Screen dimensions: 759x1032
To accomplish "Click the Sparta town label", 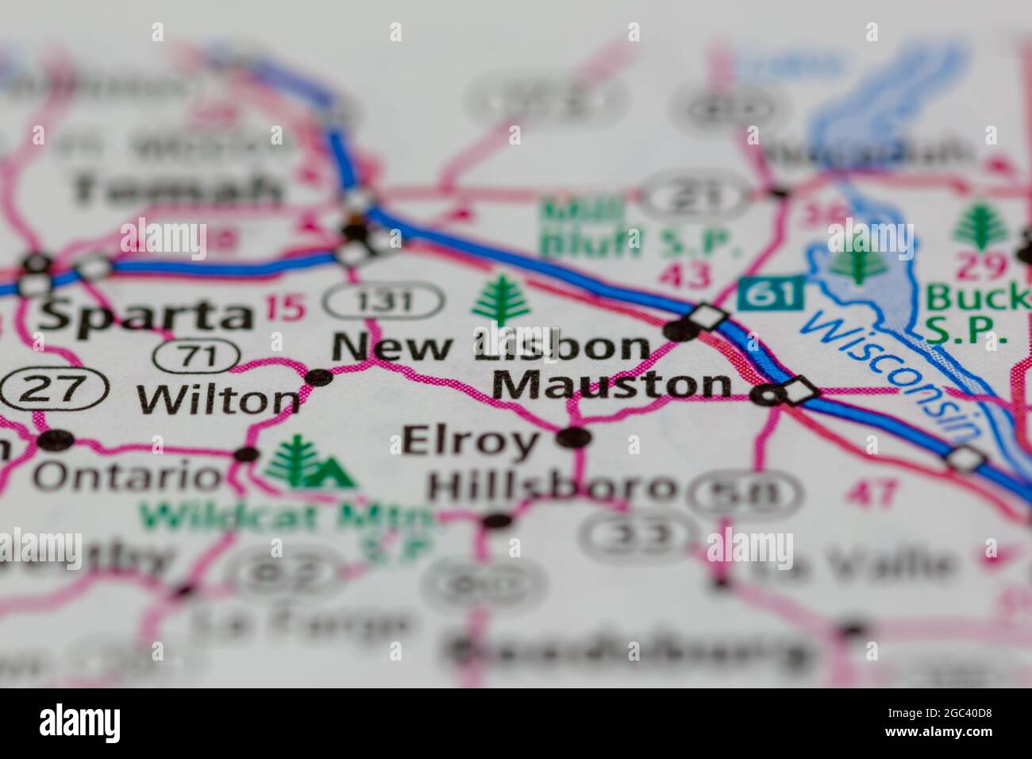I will [144, 315].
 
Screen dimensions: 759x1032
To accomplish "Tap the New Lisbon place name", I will [491, 347].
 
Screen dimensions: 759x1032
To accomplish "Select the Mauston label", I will [611, 385].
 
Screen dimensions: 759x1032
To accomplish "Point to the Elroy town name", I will [470, 441].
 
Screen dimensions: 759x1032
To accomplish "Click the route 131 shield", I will [383, 302].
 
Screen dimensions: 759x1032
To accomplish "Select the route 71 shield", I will [198, 356].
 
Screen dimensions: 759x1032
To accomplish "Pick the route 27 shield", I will [54, 389].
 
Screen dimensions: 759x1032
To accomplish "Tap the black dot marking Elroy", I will [574, 437].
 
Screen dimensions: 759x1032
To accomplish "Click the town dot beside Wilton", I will [319, 377].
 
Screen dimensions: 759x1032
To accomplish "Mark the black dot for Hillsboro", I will [497, 521].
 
